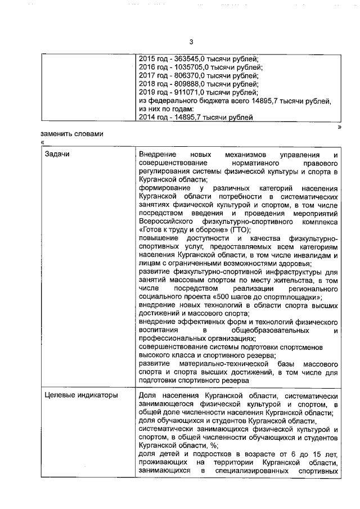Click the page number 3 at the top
[x=191, y=42]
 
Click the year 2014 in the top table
[x=148, y=118]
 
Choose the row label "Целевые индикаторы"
[x=81, y=395]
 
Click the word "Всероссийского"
[x=166, y=222]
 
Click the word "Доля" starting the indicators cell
[x=148, y=395]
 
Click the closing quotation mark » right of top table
[x=339, y=127]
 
